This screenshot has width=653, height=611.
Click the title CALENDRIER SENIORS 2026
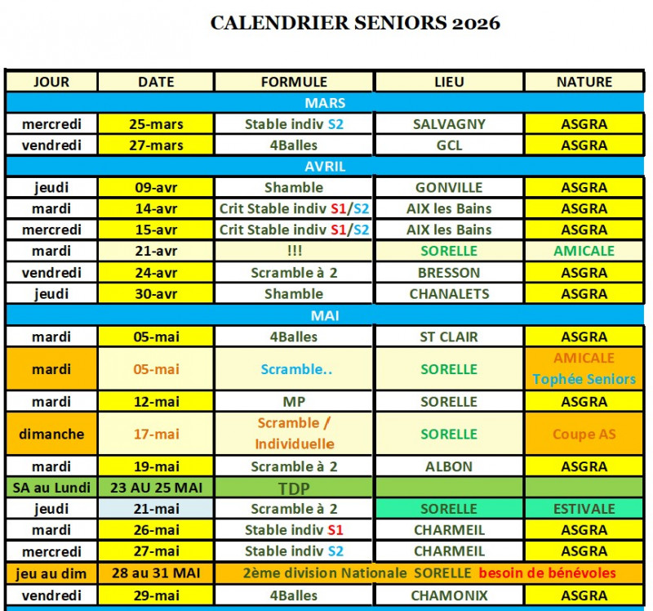(355, 23)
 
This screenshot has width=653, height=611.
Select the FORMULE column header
(294, 82)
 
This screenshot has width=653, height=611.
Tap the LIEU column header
(449, 82)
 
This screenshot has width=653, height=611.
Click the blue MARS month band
(325, 103)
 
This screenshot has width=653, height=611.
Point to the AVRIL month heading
(325, 166)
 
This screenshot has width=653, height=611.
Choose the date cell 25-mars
(156, 124)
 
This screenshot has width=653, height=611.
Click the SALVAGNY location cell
(449, 124)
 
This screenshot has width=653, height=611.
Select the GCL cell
(449, 145)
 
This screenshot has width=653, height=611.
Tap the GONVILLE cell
(449, 187)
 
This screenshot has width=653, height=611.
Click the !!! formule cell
(294, 251)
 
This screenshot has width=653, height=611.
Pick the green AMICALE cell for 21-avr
(584, 251)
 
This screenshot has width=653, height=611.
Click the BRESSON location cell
(449, 273)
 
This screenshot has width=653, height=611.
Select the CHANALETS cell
(449, 294)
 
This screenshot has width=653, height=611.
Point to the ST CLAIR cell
(449, 337)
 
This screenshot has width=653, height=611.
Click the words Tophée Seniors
(584, 379)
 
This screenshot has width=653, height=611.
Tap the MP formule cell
(294, 402)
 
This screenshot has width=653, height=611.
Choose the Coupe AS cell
(584, 435)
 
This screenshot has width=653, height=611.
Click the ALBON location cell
(449, 466)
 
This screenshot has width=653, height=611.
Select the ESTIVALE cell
(584, 509)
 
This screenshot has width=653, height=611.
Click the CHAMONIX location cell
(449, 595)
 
